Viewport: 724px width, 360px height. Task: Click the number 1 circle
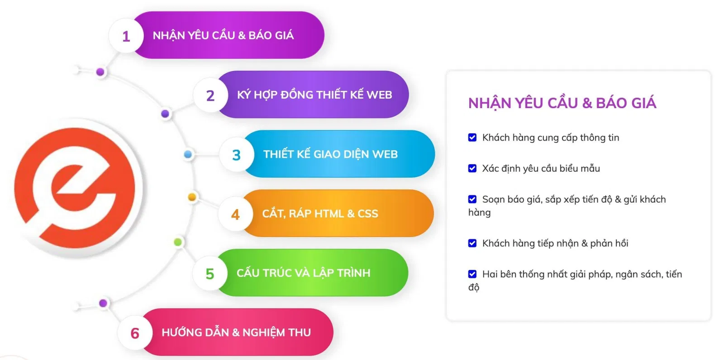pyautogui.click(x=126, y=36)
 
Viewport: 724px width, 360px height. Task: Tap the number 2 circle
pyautogui.click(x=210, y=95)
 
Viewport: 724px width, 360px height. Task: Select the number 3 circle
pyautogui.click(x=236, y=155)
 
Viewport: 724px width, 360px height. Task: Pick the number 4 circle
pyautogui.click(x=235, y=214)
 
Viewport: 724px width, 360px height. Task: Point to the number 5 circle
pyautogui.click(x=210, y=274)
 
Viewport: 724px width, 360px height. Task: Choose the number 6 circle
pyautogui.click(x=135, y=333)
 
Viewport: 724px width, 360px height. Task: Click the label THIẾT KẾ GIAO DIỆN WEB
pyautogui.click(x=330, y=154)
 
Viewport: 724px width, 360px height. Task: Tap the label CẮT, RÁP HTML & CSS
pyautogui.click(x=320, y=213)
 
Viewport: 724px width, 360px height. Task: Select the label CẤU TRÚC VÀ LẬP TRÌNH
pyautogui.click(x=303, y=273)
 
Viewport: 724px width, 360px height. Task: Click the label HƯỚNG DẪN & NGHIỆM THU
pyautogui.click(x=236, y=332)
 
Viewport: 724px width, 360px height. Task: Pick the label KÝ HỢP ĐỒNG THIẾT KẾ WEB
pyautogui.click(x=314, y=95)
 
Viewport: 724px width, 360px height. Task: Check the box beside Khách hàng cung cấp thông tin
pyautogui.click(x=472, y=137)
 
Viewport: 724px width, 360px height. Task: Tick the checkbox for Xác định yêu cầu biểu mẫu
pyautogui.click(x=472, y=168)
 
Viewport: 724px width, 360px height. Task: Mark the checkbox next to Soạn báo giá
pyautogui.click(x=472, y=199)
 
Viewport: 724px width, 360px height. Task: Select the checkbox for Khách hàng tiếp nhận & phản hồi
pyautogui.click(x=472, y=243)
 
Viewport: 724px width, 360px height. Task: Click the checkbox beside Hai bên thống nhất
pyautogui.click(x=472, y=274)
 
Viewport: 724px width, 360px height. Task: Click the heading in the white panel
pyautogui.click(x=562, y=103)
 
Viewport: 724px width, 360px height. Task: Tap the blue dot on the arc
pyautogui.click(x=188, y=155)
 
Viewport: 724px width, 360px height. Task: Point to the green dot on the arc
pyautogui.click(x=178, y=242)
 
